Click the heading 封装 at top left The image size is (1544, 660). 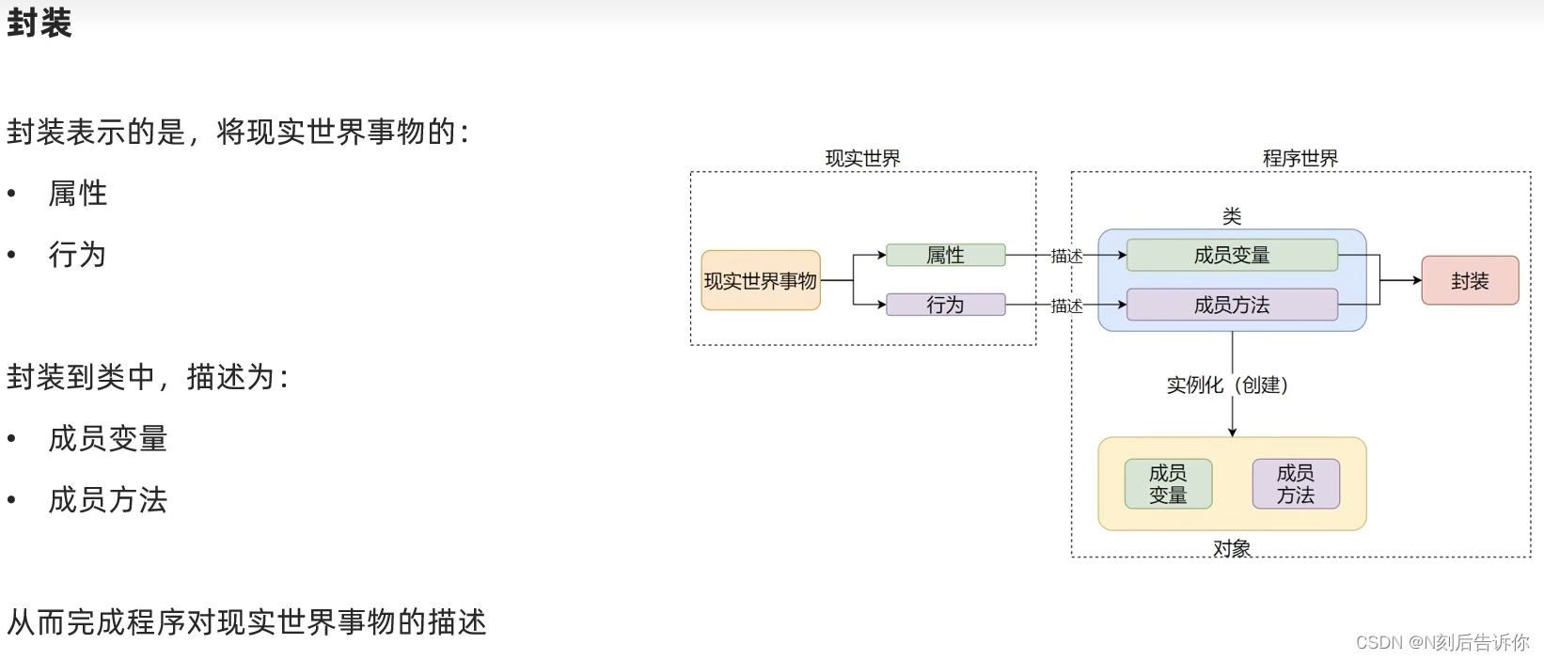[39, 23]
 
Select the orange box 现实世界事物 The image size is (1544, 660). [761, 280]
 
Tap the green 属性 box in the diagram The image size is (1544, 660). [945, 255]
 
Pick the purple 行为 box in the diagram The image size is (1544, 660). [945, 305]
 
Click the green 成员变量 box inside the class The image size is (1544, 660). [1232, 255]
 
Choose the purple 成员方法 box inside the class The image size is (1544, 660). [1232, 305]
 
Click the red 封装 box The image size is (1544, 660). [1470, 280]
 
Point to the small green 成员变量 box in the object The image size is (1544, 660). [1168, 483]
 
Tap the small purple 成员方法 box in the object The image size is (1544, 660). [1296, 483]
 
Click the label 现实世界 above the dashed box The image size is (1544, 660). [862, 158]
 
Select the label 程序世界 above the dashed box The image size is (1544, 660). [1300, 158]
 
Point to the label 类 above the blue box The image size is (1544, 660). [1232, 216]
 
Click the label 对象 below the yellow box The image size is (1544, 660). [1232, 548]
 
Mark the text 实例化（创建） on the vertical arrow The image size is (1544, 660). [1227, 385]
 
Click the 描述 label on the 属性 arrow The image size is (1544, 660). [1066, 256]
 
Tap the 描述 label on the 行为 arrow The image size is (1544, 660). [1066, 306]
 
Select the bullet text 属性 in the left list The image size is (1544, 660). [78, 194]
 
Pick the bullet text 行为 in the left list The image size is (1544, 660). [78, 255]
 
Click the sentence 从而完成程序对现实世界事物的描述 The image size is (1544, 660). [246, 621]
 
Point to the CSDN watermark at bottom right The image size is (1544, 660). [1442, 642]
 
